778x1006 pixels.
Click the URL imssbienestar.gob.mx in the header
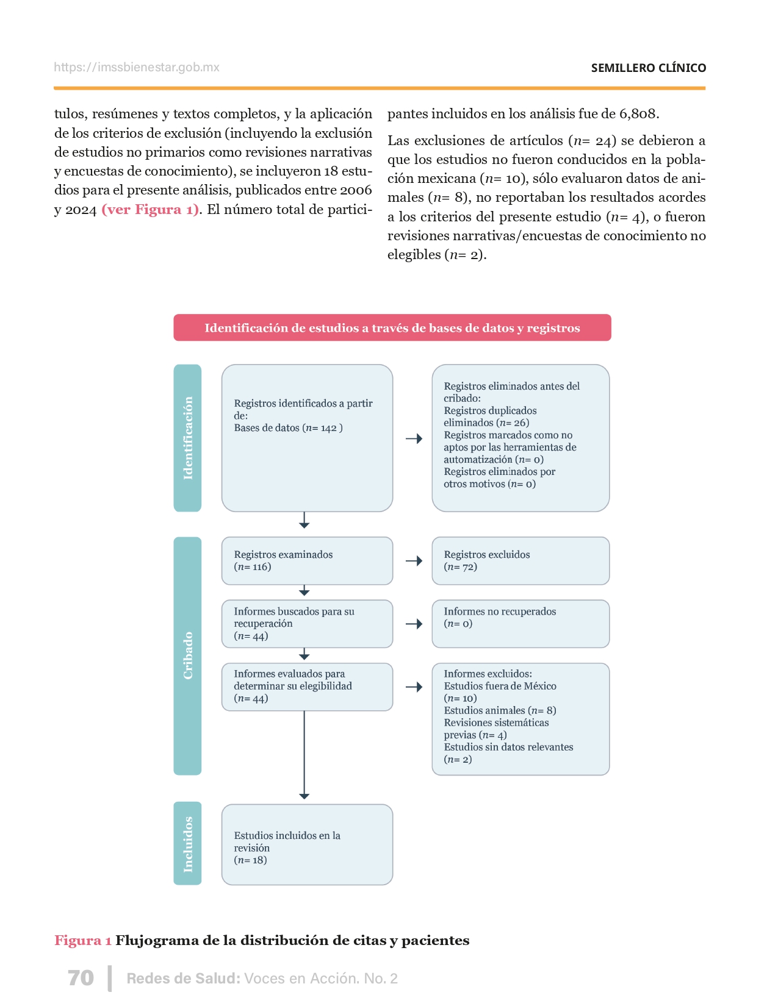[x=137, y=68]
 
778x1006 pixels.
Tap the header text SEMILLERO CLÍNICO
[x=648, y=68]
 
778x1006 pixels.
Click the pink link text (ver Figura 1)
[x=150, y=210]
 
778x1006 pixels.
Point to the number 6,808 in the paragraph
[x=638, y=114]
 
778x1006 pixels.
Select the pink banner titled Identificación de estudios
[x=392, y=328]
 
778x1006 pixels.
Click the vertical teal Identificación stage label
[x=187, y=438]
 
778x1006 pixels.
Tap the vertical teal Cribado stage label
[x=187, y=655]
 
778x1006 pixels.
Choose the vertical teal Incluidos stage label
[x=187, y=843]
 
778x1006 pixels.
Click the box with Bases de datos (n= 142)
[x=307, y=438]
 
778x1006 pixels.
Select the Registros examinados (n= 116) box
[x=307, y=561]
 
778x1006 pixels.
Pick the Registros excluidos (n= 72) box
[x=520, y=561]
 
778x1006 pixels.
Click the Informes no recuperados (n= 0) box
[x=520, y=624]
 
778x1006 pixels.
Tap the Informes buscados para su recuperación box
[x=307, y=624]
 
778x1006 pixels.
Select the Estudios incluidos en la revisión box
[x=307, y=844]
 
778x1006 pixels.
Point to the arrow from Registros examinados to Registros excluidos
[x=414, y=561]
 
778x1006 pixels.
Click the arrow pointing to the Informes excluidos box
[x=414, y=687]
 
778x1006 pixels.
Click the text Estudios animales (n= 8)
[x=500, y=710]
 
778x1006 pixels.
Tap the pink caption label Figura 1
[x=83, y=940]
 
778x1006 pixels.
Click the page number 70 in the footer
[x=81, y=978]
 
